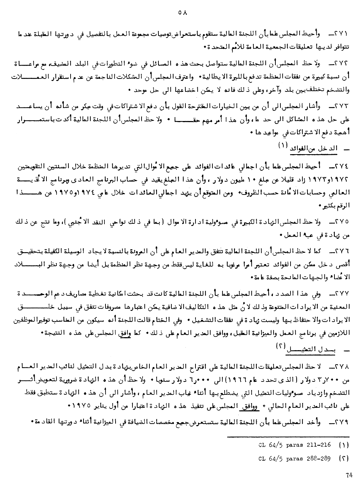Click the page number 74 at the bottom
pyautogui.click(x=349, y=475)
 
